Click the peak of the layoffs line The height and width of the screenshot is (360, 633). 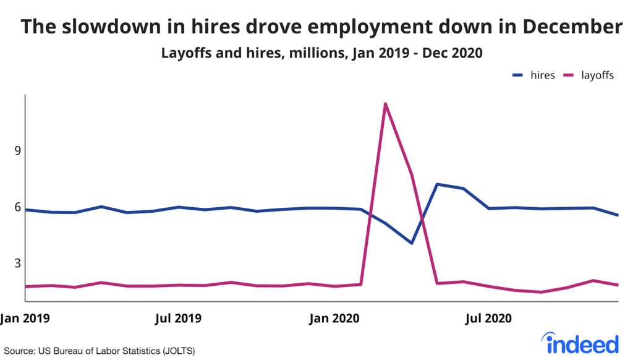[x=385, y=103]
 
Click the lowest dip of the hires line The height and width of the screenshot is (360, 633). [x=411, y=243]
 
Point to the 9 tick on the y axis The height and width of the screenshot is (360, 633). [x=17, y=151]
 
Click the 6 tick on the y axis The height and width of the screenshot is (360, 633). [x=17, y=207]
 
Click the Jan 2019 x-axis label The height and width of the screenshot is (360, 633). [x=25, y=319]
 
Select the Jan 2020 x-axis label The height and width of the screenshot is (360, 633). [x=334, y=319]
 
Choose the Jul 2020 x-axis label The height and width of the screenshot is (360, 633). [x=488, y=319]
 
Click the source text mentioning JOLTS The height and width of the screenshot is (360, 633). [x=100, y=351]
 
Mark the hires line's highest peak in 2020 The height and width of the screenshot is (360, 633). [x=437, y=184]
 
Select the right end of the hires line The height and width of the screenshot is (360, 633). [x=618, y=215]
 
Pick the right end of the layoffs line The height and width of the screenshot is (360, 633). [x=618, y=285]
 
